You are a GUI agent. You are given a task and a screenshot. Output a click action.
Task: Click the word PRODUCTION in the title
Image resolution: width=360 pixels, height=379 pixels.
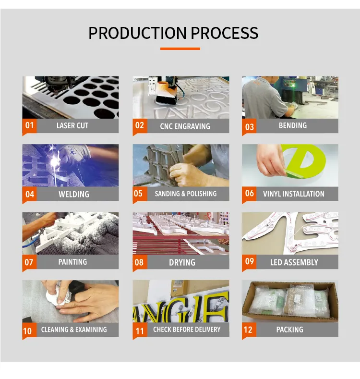tap(137, 33)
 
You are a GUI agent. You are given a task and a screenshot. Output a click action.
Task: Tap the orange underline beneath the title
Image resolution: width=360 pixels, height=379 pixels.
tap(180, 49)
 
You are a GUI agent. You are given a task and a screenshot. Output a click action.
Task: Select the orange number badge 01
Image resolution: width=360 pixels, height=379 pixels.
tap(29, 126)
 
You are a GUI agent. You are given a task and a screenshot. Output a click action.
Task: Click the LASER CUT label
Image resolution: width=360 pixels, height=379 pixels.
tap(72, 126)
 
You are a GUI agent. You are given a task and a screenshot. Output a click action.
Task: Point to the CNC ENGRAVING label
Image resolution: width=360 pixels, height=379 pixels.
tap(185, 126)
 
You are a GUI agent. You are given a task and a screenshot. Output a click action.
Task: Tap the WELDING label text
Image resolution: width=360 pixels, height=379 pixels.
tap(74, 194)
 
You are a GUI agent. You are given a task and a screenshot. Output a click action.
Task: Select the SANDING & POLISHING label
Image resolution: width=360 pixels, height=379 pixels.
tap(186, 194)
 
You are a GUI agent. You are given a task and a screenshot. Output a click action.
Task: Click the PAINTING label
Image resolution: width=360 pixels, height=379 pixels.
tap(72, 262)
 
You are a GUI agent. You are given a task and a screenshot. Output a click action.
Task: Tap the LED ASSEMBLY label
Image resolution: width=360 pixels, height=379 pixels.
tap(294, 262)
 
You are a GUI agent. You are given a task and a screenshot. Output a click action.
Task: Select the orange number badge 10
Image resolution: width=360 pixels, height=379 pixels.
tap(29, 330)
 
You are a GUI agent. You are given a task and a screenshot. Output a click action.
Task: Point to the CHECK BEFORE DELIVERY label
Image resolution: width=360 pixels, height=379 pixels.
tap(187, 330)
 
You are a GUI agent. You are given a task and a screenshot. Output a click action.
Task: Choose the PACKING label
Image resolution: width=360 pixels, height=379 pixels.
tap(290, 330)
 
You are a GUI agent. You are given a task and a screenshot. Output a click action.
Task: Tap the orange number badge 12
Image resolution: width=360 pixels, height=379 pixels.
tap(249, 330)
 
